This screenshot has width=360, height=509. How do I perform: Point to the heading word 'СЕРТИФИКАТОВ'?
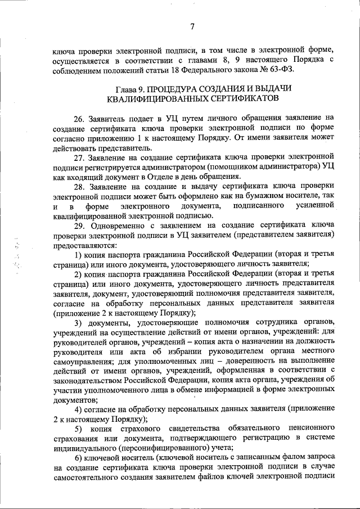(242, 98)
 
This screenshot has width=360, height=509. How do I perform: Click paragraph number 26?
(79, 118)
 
